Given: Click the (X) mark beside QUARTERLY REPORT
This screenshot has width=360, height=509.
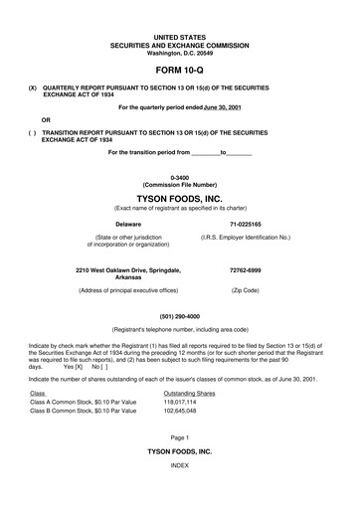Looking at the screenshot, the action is pos(33,87).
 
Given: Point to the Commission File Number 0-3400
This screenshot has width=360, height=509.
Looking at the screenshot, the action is pos(179,175).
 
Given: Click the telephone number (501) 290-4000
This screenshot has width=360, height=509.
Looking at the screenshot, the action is pos(179,316).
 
